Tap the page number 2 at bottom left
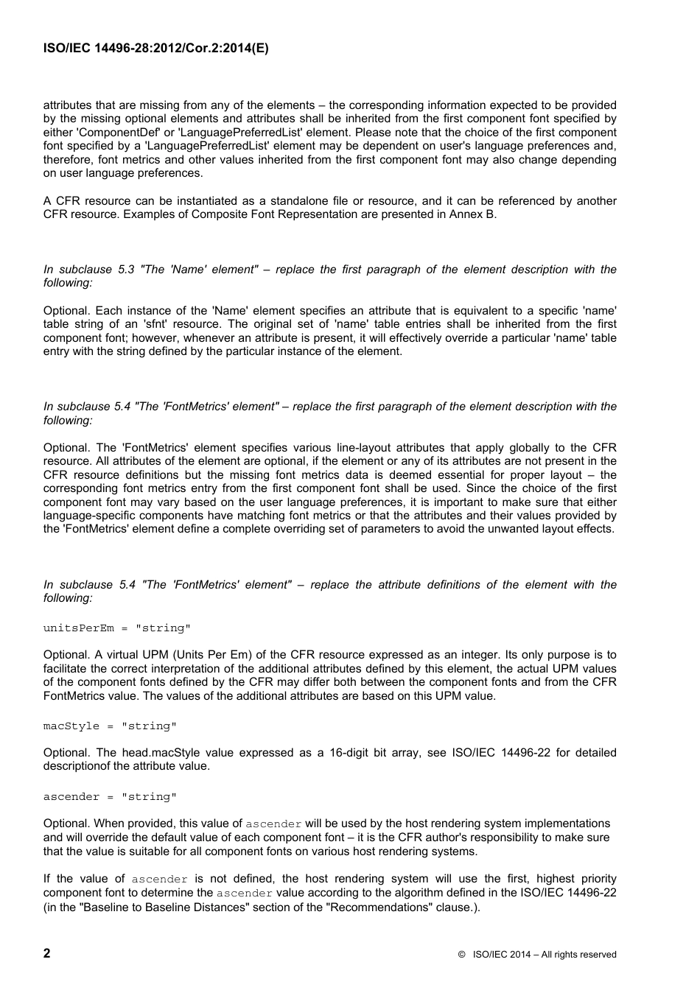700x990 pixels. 47,953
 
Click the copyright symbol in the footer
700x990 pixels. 461,955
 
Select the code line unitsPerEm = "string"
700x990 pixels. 116,628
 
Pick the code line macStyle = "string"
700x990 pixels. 110,726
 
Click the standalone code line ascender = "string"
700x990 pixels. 110,797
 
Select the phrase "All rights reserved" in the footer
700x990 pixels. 579,955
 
